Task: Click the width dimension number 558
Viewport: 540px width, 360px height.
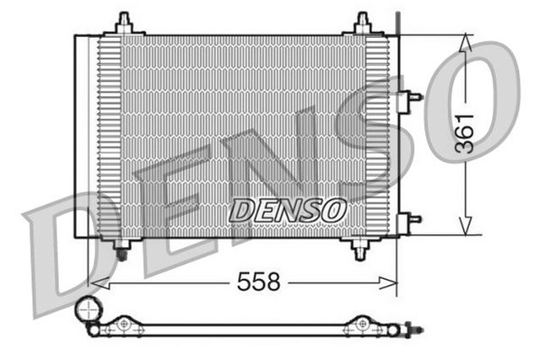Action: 258,282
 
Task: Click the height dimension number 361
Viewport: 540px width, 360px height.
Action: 465,132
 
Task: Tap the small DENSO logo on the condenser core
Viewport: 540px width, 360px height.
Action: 287,210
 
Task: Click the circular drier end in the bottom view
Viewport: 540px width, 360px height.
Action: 87,311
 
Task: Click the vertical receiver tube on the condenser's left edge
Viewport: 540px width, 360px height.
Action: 83,135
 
